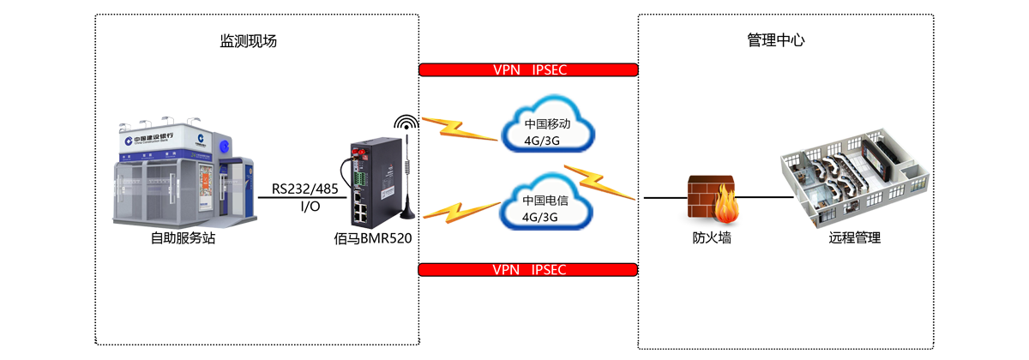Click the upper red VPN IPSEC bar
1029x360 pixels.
(528, 69)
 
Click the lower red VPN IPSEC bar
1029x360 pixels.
(528, 269)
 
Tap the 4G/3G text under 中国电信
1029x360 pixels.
(540, 217)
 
